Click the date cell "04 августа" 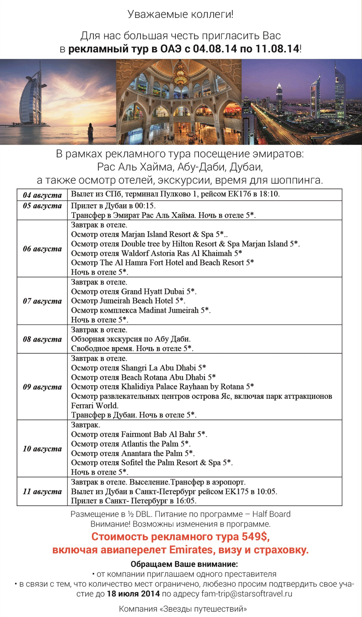[42, 196]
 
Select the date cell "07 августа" [42, 301]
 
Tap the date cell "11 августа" [42, 491]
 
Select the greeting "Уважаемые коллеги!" [181, 14]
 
